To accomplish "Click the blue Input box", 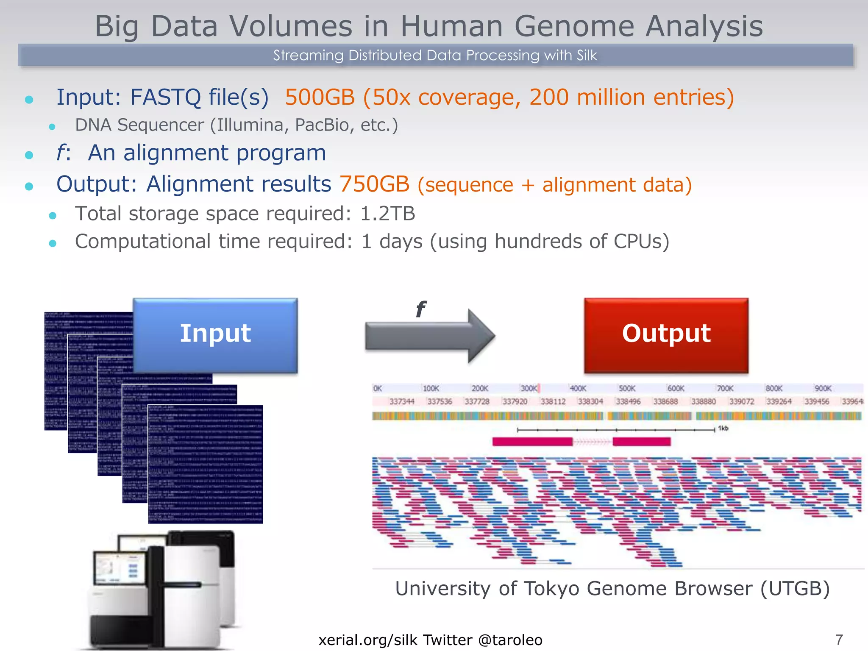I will [215, 335].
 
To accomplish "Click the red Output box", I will [666, 335].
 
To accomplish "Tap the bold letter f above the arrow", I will [420, 309].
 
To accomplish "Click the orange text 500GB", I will [320, 97].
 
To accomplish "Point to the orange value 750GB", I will [374, 184].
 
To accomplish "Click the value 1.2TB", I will [387, 214].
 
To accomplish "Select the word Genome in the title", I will [574, 26].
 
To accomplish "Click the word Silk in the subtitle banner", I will [586, 56].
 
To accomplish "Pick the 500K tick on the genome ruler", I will [626, 388].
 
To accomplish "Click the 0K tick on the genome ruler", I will [377, 388].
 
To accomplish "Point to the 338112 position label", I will [553, 401].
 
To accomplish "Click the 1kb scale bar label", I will [723, 428].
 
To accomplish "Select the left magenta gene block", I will [532, 442].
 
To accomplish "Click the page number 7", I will [839, 639].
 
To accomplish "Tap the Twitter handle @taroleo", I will [510, 640].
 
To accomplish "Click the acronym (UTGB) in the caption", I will [795, 589].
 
